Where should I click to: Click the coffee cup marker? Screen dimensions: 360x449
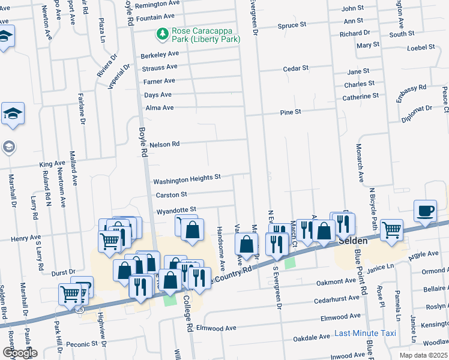(425, 211)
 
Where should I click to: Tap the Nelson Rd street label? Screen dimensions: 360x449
(164, 145)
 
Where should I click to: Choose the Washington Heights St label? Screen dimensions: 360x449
(187, 179)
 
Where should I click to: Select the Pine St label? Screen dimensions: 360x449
(290, 112)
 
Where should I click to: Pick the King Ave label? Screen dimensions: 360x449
(52, 163)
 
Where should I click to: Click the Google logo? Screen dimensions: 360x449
(20, 353)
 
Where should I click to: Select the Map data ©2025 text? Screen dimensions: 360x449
(424, 355)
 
